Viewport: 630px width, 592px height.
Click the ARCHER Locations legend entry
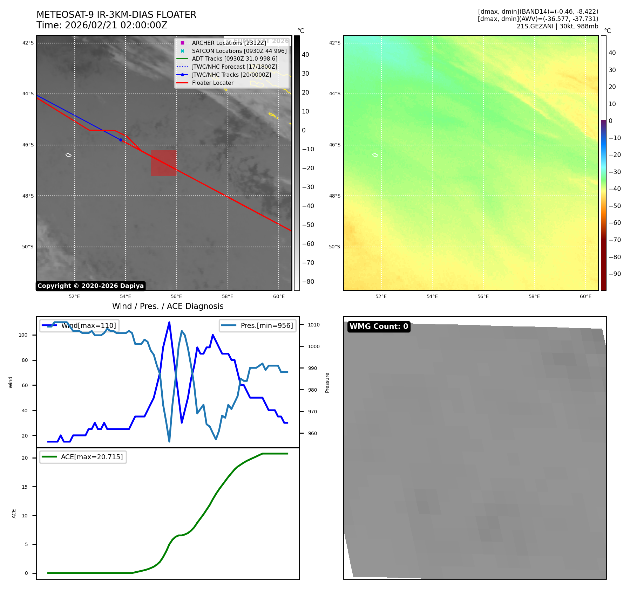click(229, 43)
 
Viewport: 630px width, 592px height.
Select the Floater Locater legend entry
click(212, 83)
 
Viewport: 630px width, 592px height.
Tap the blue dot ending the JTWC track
click(121, 140)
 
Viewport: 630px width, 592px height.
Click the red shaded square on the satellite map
click(164, 163)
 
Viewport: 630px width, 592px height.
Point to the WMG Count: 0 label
click(379, 326)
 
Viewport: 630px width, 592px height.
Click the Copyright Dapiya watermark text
click(90, 286)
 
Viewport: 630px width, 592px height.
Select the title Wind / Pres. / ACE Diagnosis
click(168, 306)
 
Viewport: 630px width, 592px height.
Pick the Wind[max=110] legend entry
click(88, 325)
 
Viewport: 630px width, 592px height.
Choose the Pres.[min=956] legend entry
click(266, 325)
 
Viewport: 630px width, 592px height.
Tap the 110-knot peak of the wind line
click(169, 322)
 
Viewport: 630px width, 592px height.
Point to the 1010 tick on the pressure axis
click(314, 325)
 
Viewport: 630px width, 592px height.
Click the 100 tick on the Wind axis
click(23, 335)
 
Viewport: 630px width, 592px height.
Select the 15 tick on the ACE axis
click(25, 487)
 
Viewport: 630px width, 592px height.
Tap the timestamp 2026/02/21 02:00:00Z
click(116, 25)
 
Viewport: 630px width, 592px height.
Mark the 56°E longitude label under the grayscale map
click(176, 297)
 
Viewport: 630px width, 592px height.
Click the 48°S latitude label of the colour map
click(334, 196)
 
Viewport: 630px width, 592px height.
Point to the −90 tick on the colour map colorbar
click(615, 274)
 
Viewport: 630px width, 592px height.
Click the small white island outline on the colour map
click(375, 155)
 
